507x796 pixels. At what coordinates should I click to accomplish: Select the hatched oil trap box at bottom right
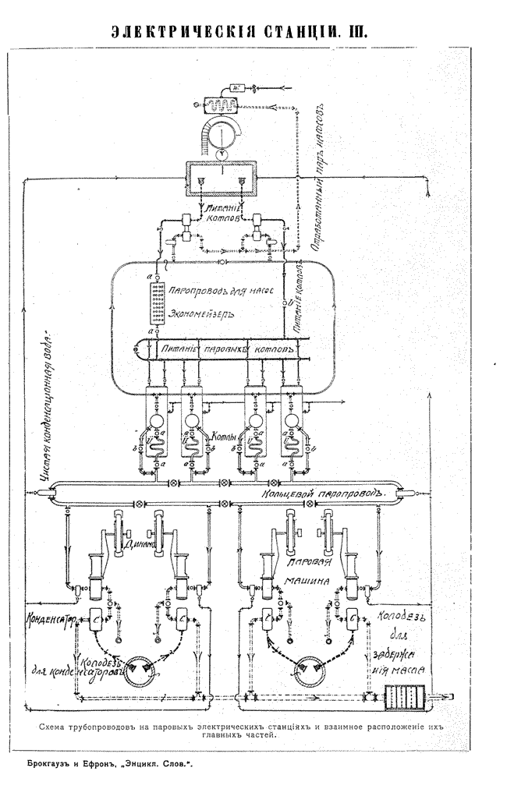pyautogui.click(x=405, y=695)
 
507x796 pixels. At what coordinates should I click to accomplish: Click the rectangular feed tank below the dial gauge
pyautogui.click(x=220, y=179)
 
